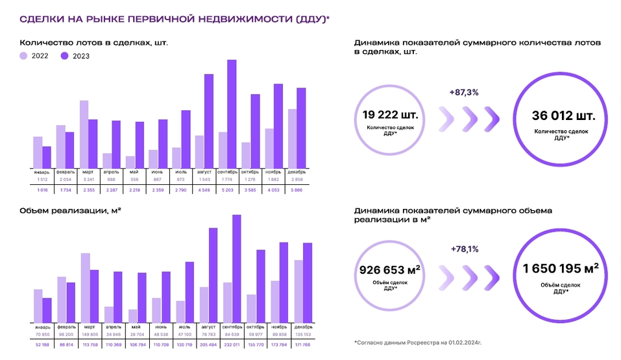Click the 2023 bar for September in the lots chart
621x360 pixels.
[x=232, y=113]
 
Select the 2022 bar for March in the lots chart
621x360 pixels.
[x=84, y=134]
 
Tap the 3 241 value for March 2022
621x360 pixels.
[x=89, y=179]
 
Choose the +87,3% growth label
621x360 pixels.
[x=463, y=93]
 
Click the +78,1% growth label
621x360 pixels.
[x=463, y=249]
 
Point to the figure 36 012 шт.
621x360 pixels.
[x=563, y=117]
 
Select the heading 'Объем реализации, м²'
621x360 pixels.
[x=71, y=211]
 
